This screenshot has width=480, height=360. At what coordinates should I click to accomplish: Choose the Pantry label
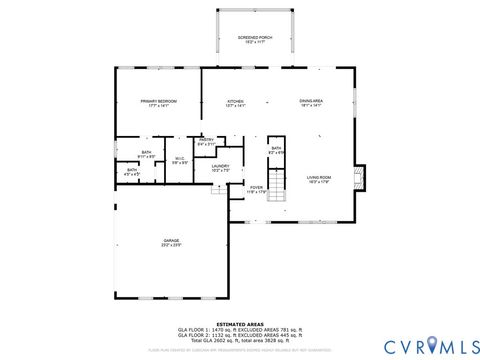coord(206,142)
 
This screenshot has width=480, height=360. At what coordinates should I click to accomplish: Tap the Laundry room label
coord(220,168)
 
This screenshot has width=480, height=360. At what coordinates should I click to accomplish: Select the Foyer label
coord(256,189)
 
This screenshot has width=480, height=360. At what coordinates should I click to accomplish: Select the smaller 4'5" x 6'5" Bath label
coord(131,171)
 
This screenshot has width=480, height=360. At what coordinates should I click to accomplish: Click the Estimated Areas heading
coord(240,322)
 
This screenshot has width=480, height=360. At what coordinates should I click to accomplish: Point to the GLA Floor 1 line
coord(240,328)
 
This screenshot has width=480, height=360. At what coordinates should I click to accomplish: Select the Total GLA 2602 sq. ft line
coord(240,339)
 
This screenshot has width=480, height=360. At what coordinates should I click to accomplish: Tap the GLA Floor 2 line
coord(240,333)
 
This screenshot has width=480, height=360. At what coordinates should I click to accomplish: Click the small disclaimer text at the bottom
coord(240,350)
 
